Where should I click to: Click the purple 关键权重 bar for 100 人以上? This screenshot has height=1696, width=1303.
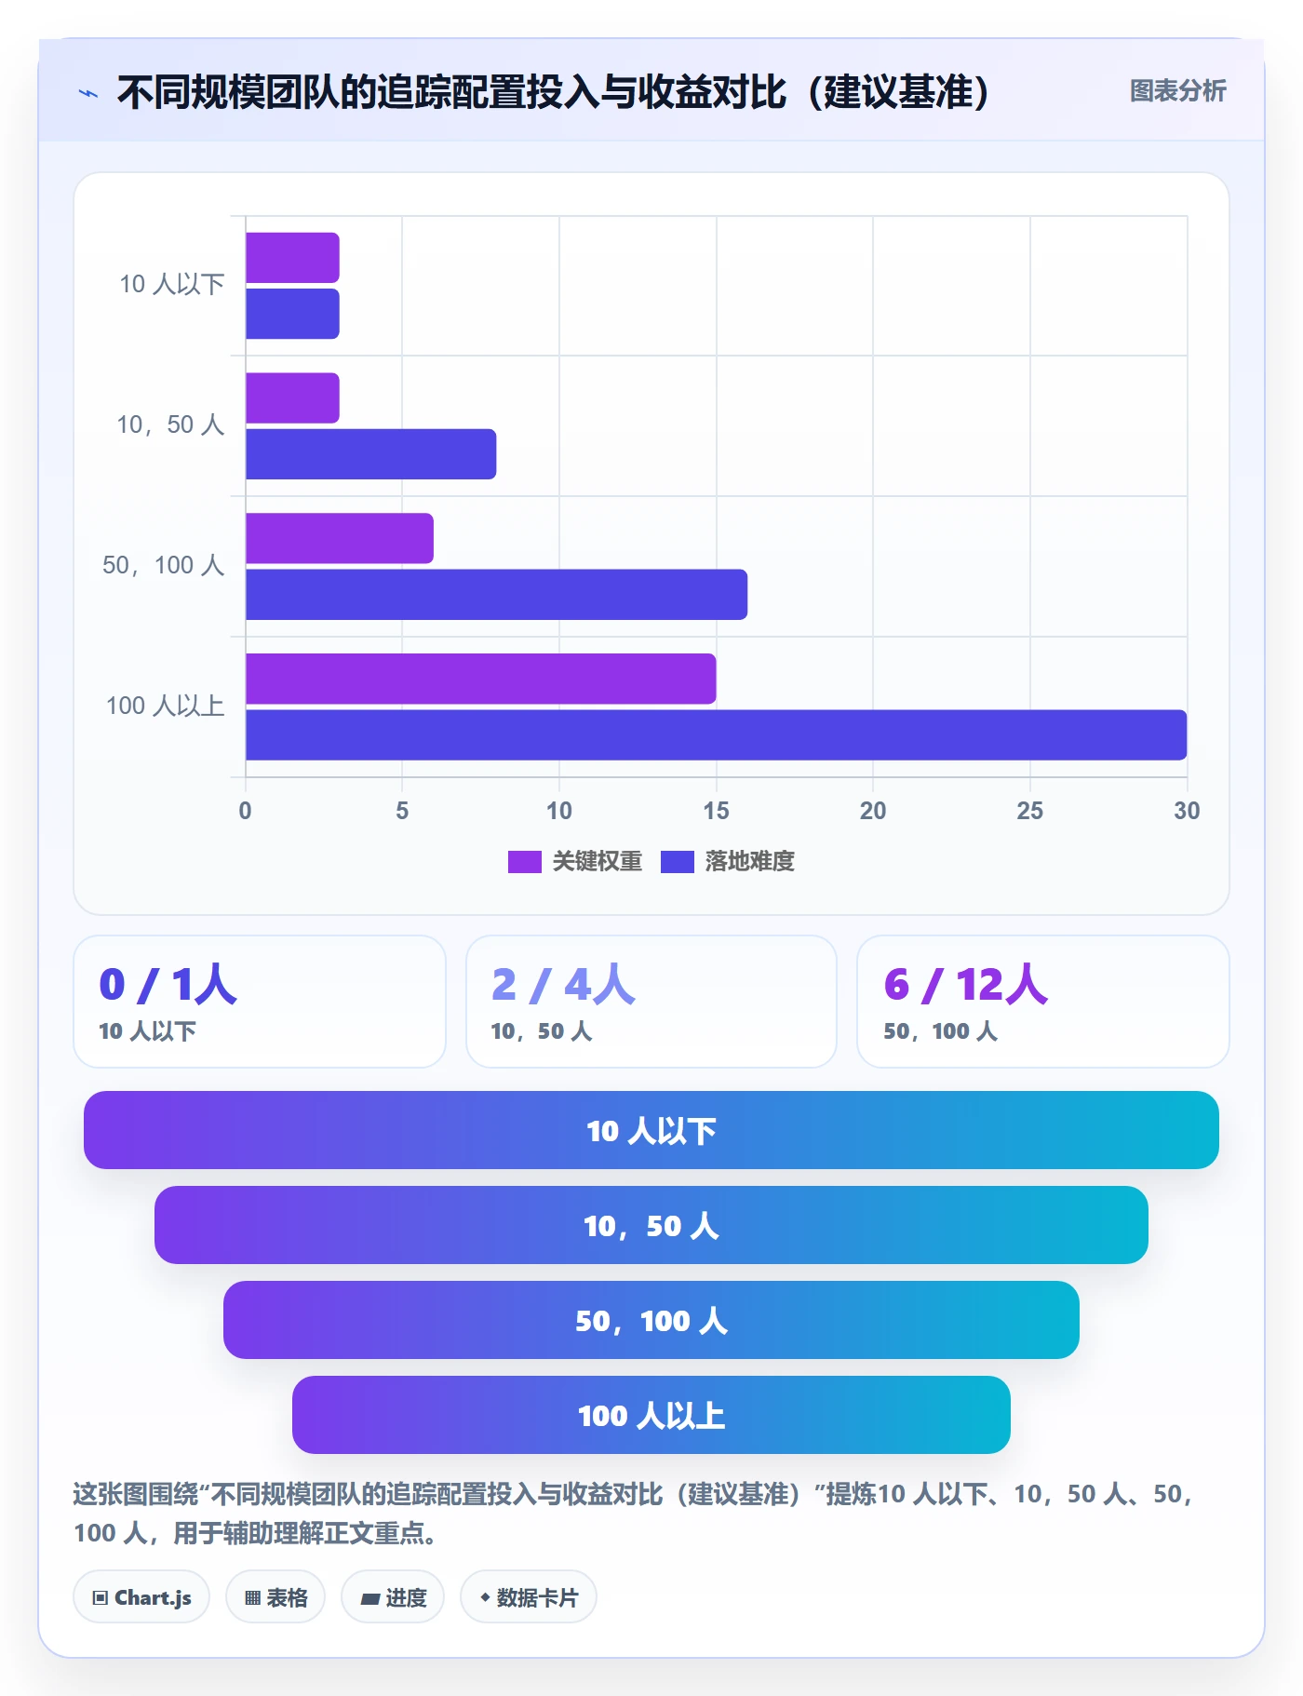[x=480, y=679]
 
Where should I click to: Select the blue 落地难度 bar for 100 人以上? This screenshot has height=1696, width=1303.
[x=716, y=734]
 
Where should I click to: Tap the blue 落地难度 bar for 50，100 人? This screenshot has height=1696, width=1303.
[x=496, y=594]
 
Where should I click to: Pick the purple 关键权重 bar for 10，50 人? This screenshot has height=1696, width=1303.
[x=292, y=397]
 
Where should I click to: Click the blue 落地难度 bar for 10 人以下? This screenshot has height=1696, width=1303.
[x=292, y=314]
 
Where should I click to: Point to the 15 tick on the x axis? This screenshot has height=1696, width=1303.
[x=716, y=811]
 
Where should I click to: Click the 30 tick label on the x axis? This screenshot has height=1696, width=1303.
[x=1187, y=811]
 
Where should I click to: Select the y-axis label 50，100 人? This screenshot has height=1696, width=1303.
[x=164, y=565]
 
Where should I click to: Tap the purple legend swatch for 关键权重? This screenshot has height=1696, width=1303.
[x=524, y=862]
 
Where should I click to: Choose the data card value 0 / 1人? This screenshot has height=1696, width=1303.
[x=168, y=984]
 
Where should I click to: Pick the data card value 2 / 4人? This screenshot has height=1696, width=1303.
[x=563, y=984]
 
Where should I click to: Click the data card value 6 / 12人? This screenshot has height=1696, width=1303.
[x=966, y=984]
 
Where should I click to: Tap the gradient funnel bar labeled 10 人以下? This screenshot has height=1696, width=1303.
[x=651, y=1130]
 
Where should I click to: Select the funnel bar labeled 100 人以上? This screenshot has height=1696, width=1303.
[x=651, y=1415]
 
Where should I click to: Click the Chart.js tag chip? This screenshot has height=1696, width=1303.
[x=141, y=1597]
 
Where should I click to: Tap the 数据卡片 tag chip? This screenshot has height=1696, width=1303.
[x=529, y=1597]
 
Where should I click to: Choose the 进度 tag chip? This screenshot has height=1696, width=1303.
[x=393, y=1597]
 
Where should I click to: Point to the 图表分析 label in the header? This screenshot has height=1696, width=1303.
[x=1177, y=91]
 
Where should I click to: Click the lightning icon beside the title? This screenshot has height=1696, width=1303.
[x=88, y=93]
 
